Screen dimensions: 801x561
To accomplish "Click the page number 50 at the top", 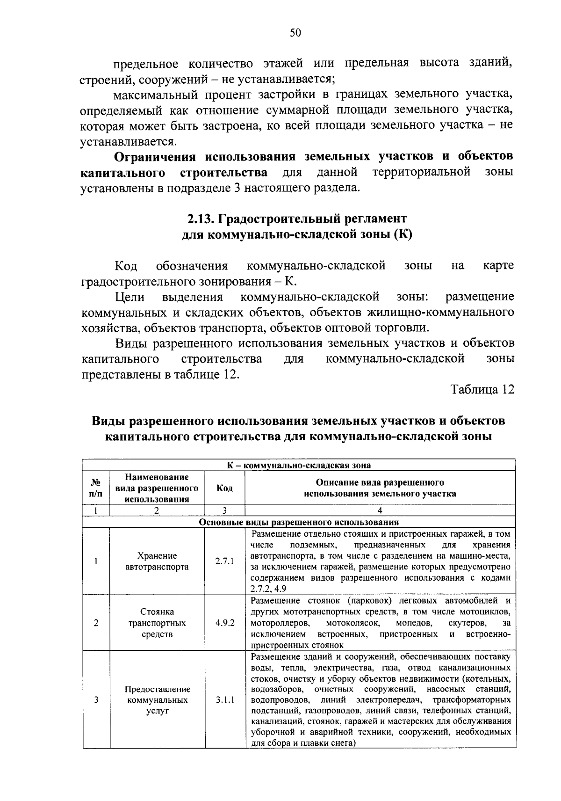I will (295, 32).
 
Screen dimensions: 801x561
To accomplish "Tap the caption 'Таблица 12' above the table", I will (482, 390).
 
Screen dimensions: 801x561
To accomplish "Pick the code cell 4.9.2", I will (224, 623).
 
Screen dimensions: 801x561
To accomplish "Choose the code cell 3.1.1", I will (224, 700).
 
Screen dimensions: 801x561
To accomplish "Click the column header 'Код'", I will (224, 488).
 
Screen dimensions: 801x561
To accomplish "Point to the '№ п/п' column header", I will (96, 488).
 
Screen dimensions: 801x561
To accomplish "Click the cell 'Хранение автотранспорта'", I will (157, 561).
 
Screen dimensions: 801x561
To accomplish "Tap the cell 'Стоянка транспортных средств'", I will (157, 623).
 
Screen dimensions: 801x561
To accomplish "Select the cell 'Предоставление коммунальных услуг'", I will (157, 700).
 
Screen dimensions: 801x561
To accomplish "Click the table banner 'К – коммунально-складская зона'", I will (299, 465).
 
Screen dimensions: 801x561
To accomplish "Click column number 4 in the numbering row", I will (380, 511).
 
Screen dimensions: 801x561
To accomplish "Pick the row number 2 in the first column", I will (96, 623).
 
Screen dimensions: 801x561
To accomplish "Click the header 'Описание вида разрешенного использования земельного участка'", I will (380, 488).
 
